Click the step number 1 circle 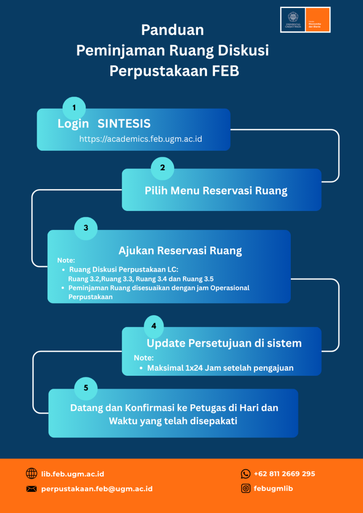tap(74, 108)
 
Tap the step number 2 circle tap(162, 168)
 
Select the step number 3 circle tap(86, 228)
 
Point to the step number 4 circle tap(153, 326)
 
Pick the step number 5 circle tap(86, 387)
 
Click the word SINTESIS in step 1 tap(124, 124)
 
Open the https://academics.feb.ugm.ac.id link tap(140, 139)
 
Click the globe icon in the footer tap(32, 473)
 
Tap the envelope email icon tap(32, 488)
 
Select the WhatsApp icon tap(246, 473)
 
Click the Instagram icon tap(246, 488)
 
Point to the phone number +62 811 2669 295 tap(284, 473)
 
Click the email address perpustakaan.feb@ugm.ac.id tap(97, 488)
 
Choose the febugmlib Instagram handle tap(273, 488)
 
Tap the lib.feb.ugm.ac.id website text tap(73, 473)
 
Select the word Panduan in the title tap(172, 30)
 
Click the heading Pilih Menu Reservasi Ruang tap(216, 190)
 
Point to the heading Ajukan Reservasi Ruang tap(180, 250)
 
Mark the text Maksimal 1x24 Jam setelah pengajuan tap(220, 368)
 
